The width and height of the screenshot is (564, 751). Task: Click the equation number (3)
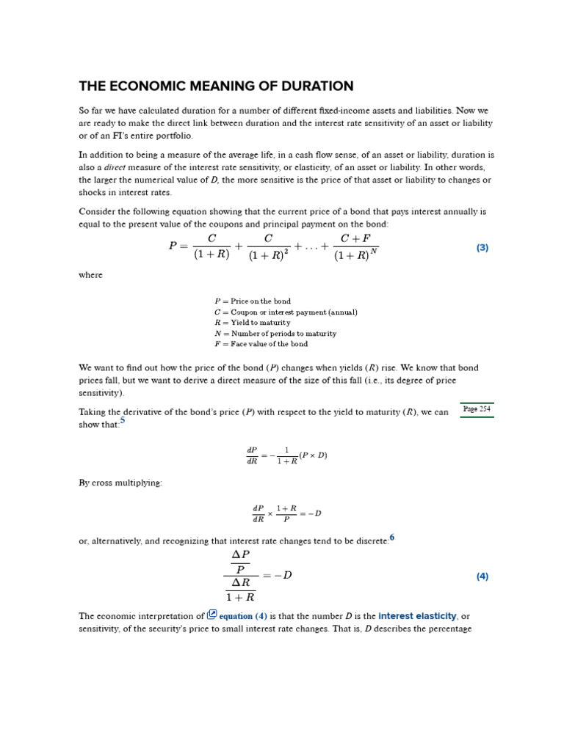coord(482,248)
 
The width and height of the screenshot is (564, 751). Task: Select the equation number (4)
coord(482,576)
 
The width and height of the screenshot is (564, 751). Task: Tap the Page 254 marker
coord(477,409)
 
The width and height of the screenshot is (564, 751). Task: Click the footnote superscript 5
coord(123,421)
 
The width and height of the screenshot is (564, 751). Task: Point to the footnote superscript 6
coord(392,538)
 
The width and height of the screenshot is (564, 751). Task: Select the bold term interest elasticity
coord(417,616)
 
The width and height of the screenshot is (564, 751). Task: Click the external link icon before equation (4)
coord(212,615)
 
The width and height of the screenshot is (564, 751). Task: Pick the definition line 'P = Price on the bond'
coord(253,301)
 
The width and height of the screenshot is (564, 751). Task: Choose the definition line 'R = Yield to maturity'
coord(253,323)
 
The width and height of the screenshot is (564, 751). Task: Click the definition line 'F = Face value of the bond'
coord(261,344)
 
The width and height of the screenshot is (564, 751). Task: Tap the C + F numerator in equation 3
coord(355,239)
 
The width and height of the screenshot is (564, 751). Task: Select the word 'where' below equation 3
coord(90,275)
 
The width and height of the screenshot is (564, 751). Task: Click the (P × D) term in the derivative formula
coord(313,455)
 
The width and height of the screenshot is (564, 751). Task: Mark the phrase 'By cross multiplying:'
coord(120,483)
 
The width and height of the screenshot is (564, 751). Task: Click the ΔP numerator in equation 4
coord(240,555)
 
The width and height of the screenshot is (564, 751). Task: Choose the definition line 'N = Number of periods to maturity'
coord(275,334)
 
